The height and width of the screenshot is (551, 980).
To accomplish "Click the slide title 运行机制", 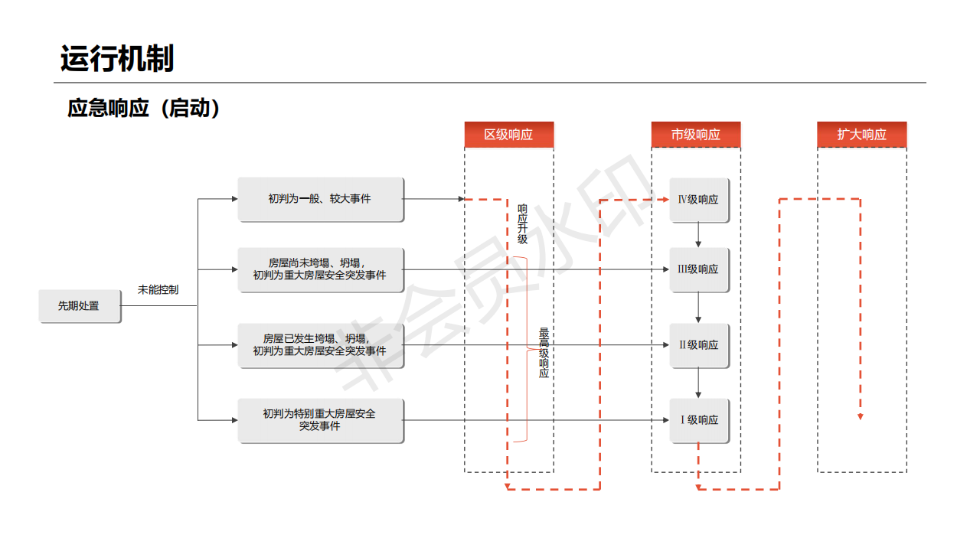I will (x=117, y=59).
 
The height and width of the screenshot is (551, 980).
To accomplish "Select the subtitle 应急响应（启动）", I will (x=145, y=108).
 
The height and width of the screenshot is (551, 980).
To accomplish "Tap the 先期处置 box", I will (x=80, y=306).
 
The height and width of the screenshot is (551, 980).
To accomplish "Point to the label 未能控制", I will (x=158, y=290).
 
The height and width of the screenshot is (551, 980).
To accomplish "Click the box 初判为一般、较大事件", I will (x=320, y=199).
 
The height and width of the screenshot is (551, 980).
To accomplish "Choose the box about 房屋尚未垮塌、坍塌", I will (x=320, y=269).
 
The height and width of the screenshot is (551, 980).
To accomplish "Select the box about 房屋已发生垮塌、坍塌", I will (x=320, y=345).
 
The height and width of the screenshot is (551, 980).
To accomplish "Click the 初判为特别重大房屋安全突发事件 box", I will (x=320, y=420).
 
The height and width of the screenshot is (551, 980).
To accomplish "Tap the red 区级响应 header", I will (x=508, y=135).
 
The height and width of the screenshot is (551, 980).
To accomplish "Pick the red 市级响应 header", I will (x=696, y=135).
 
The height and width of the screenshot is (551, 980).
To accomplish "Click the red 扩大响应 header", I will (x=861, y=135).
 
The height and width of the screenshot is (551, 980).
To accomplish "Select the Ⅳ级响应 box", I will (x=699, y=200).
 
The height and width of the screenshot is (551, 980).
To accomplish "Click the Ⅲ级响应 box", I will (x=699, y=269).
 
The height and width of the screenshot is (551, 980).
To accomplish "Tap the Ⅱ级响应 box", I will (x=699, y=345).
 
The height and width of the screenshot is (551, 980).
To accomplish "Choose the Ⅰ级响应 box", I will (x=699, y=420).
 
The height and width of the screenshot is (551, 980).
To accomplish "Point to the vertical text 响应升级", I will (x=522, y=223).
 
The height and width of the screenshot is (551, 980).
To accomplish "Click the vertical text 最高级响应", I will (x=544, y=353).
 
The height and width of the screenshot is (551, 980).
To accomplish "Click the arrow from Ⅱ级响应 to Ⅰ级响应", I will (x=698, y=383).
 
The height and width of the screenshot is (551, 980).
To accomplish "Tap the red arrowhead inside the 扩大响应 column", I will (x=861, y=416).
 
